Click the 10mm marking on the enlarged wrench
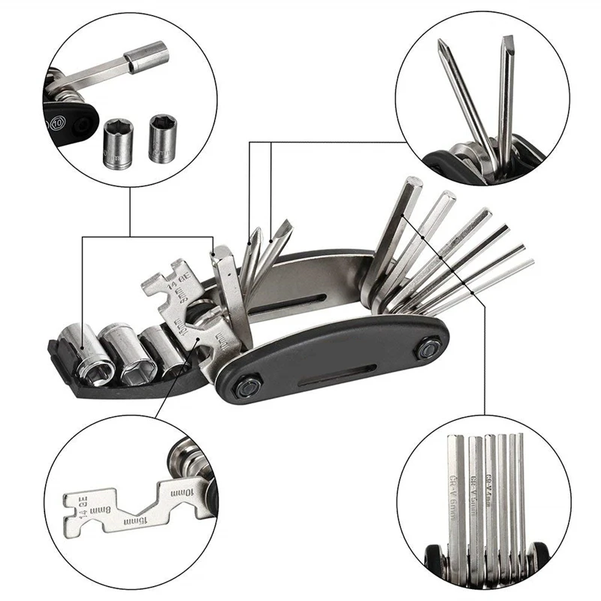(183, 492)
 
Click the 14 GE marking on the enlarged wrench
(74, 507)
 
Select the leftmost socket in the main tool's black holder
(83, 344)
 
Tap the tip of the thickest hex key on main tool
(412, 184)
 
